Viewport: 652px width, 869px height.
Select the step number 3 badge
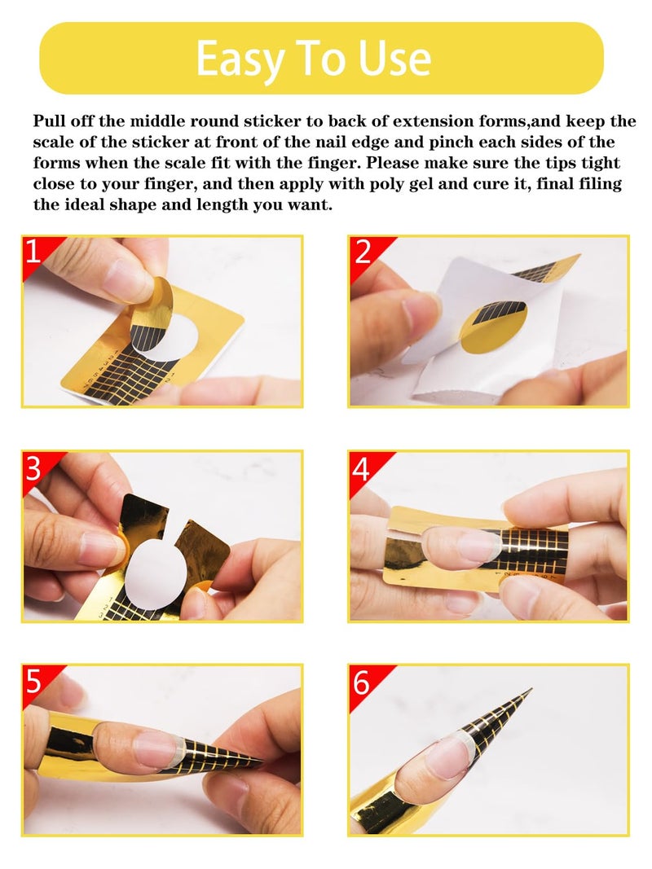pos(33,467)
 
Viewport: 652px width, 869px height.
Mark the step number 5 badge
pos(33,681)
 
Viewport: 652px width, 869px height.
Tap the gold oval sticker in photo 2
pos(492,326)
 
